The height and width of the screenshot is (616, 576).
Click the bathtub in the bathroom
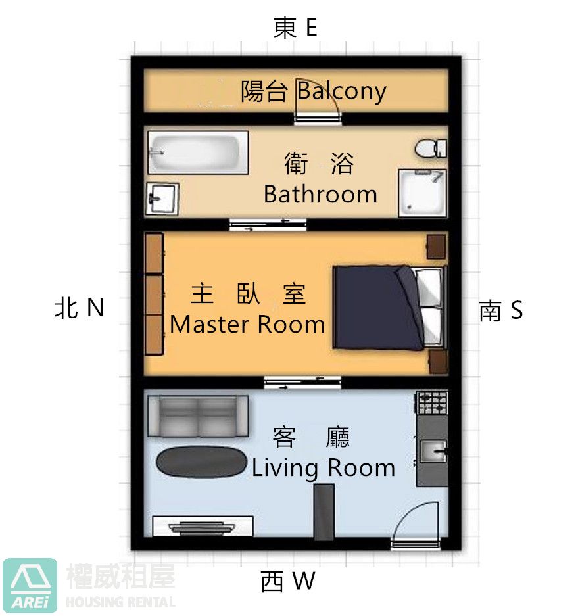tap(198, 153)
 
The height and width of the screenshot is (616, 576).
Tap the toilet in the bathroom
tap(431, 149)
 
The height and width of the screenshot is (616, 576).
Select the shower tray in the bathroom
tap(422, 193)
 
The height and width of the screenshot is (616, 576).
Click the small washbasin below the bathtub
tap(162, 199)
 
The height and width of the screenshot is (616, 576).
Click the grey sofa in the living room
tap(198, 416)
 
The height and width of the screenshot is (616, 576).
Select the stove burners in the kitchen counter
tap(432, 403)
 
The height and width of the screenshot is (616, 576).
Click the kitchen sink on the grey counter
tap(433, 451)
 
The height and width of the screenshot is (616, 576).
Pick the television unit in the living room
tap(203, 527)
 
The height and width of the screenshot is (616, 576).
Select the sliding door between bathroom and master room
tap(268, 224)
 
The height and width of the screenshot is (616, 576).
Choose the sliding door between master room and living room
tap(302, 382)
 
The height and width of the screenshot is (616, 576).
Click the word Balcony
tap(341, 91)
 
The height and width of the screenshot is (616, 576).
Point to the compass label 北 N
tap(79, 307)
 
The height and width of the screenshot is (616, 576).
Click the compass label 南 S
tap(501, 310)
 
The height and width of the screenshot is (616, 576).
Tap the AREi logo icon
tap(30, 585)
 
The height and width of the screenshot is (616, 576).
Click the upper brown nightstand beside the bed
tap(436, 247)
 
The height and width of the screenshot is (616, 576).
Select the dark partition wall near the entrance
tap(324, 512)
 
